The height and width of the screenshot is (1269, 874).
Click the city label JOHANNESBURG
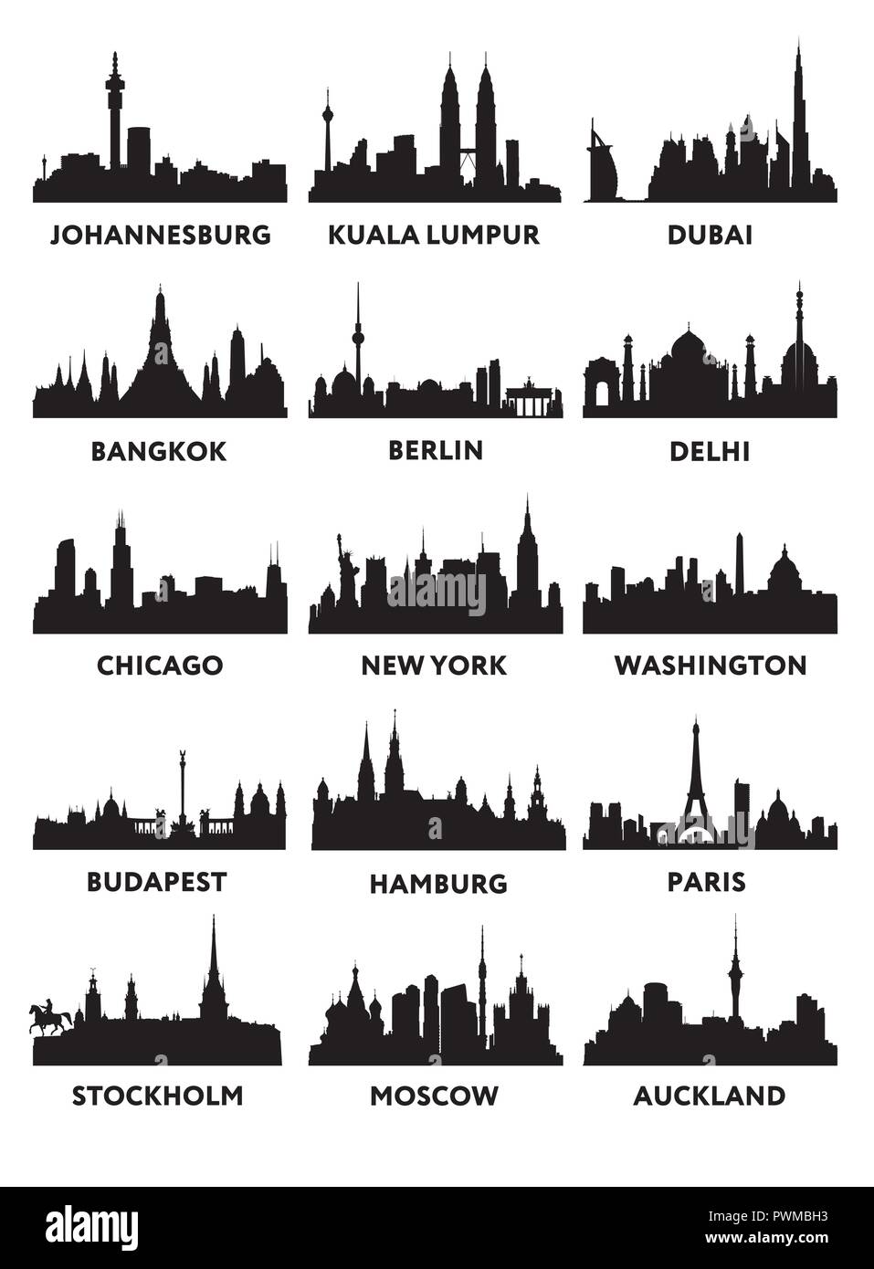point(160,235)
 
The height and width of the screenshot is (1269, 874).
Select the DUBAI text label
point(710,235)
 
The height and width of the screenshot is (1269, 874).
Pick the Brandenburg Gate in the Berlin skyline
point(530,402)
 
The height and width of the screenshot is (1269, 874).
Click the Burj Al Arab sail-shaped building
point(604,164)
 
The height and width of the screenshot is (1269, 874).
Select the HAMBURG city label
point(437,883)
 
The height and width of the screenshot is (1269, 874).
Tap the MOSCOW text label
point(434,1095)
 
